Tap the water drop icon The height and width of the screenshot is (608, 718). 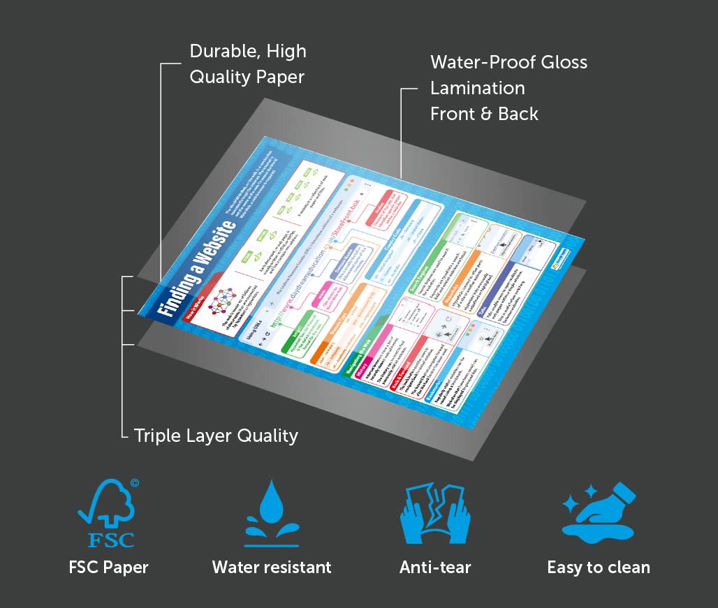(x=271, y=513)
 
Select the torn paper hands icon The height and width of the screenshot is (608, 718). (x=434, y=514)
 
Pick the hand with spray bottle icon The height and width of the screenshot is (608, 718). (x=599, y=513)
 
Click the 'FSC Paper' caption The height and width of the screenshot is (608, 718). (x=108, y=567)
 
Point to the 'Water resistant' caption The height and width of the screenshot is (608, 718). (x=272, y=567)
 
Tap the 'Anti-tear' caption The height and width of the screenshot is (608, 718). (x=435, y=567)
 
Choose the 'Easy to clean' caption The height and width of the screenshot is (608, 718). (x=599, y=567)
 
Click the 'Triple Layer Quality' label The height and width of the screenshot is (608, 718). (x=216, y=436)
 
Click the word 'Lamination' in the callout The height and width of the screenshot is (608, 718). (x=477, y=89)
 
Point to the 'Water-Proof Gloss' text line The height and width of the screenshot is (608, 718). (x=508, y=62)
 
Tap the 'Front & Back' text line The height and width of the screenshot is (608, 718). (x=484, y=114)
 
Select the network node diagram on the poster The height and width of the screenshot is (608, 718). (x=223, y=302)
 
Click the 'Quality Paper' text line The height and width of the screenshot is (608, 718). (x=247, y=77)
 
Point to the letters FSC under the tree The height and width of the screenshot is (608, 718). (x=110, y=538)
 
